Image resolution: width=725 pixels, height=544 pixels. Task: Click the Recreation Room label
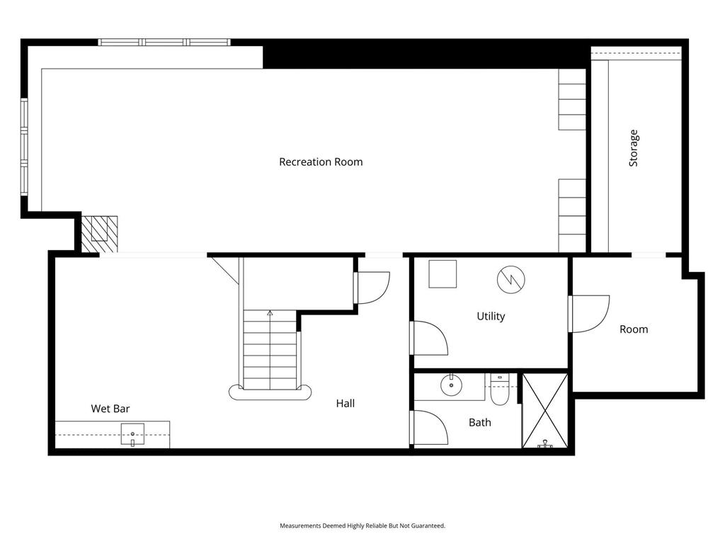pos(321,162)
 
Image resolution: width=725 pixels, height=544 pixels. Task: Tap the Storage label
pos(634,148)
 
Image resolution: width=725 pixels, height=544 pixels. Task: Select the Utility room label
pos(491,317)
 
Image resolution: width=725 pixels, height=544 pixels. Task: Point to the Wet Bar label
pos(110,409)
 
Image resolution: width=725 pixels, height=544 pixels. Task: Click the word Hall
pos(346,403)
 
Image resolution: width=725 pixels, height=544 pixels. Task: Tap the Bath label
pos(480,422)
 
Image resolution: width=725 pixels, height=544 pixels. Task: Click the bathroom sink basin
pos(451,385)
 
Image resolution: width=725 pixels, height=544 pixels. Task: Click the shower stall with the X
pos(545,411)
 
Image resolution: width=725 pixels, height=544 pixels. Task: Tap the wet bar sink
pos(132,434)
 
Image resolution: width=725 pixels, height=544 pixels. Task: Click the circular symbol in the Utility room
pos(511,279)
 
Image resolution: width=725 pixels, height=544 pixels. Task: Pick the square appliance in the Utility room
pos(443,274)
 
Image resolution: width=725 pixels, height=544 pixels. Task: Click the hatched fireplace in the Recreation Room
pos(99,234)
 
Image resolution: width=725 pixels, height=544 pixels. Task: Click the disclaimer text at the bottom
pos(362,526)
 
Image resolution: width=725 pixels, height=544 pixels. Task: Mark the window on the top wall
pos(164,42)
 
